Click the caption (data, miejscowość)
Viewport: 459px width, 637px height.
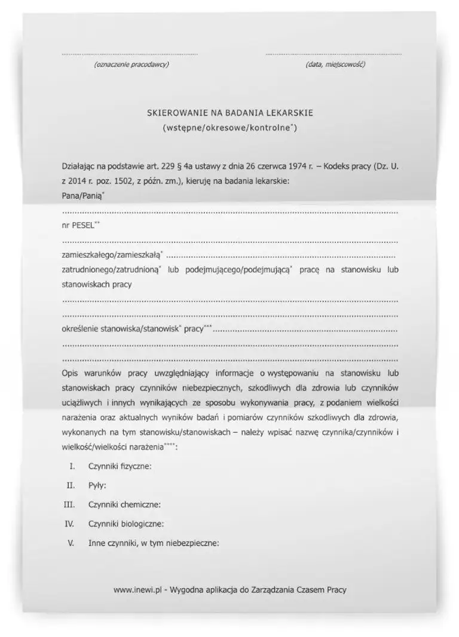[x=335, y=64]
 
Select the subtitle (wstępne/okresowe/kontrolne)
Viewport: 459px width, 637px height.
[x=229, y=128]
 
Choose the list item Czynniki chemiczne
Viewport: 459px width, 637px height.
[x=124, y=504]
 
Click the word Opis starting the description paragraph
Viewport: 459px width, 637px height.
[x=70, y=373]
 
